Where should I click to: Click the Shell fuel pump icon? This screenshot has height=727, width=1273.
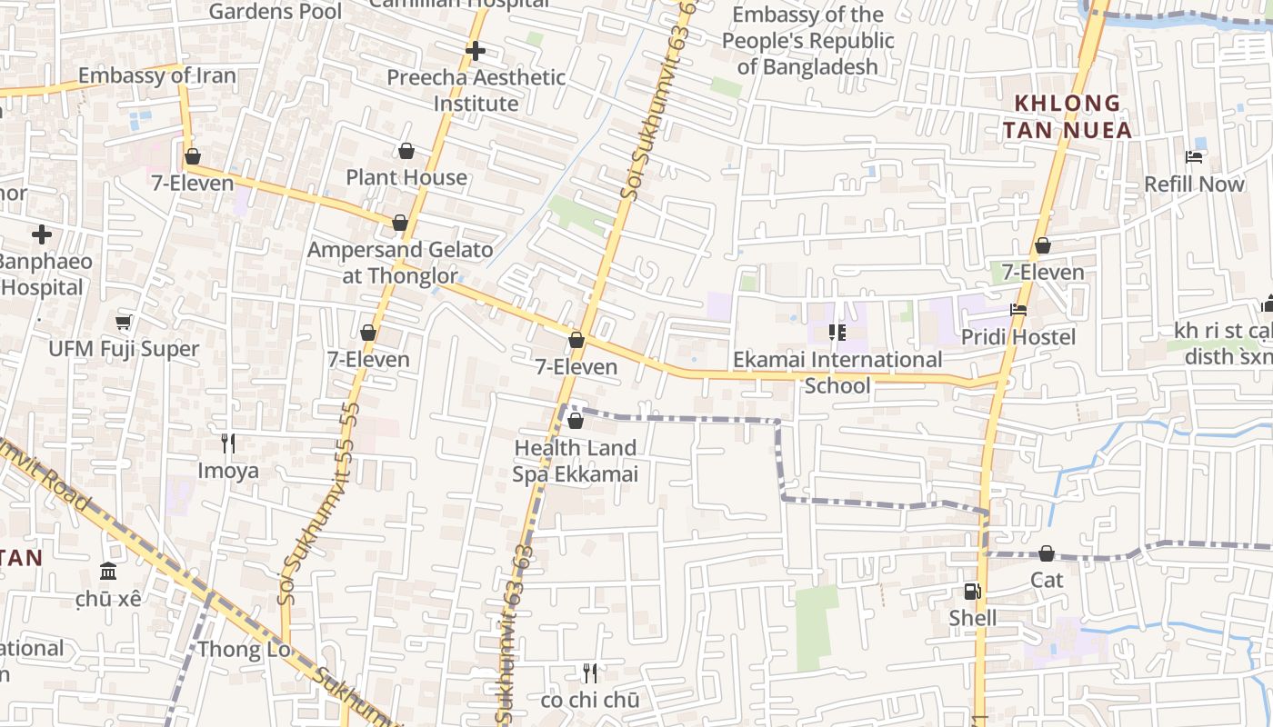pos(972,592)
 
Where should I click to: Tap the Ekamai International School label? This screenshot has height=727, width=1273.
pos(837,373)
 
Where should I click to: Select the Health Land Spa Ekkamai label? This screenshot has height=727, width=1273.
pos(575,461)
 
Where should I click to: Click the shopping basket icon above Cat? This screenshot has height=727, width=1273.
pos(1047,553)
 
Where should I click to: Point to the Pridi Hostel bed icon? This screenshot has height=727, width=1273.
pos(1018,310)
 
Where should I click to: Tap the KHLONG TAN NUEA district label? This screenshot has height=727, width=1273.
pos(1068,116)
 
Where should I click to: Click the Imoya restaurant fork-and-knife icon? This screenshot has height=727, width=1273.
pos(228,443)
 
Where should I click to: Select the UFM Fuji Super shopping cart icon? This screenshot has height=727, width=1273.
pos(124,323)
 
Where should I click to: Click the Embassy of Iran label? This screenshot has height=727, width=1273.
pos(156,75)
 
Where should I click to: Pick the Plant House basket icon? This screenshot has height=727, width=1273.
pos(406,151)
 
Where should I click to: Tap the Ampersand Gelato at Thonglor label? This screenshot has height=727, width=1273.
pos(400,262)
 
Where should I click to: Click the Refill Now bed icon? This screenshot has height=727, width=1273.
pos(1194,157)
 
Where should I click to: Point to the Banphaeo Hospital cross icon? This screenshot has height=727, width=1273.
pos(42,235)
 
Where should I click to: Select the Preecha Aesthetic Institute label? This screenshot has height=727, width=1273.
pos(476,90)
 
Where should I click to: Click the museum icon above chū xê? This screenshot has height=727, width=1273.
pos(108,572)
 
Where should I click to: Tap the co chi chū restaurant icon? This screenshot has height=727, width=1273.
pos(590,673)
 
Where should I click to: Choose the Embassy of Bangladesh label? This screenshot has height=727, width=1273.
pos(807,41)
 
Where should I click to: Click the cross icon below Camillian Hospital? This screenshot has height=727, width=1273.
pos(475,51)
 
